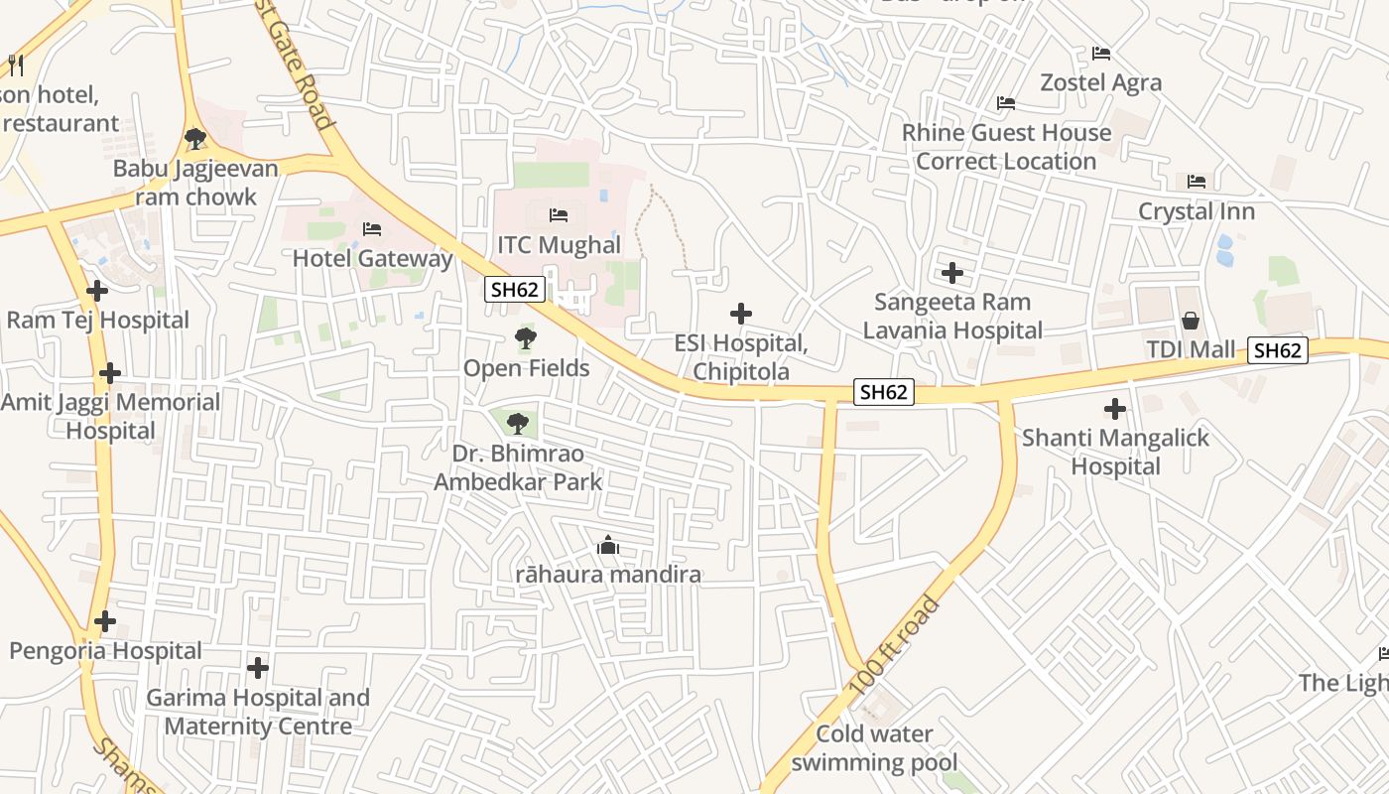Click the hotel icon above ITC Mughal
(559, 215)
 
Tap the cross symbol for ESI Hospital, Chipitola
(740, 314)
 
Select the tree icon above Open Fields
(526, 339)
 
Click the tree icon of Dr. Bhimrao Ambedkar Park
(517, 424)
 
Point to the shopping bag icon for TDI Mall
(1190, 321)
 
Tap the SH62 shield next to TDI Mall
(1277, 349)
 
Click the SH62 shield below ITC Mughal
(515, 289)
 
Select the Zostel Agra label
(1100, 82)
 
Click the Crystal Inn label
(1196, 211)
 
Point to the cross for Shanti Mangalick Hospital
(1115, 408)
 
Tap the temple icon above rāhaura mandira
(608, 545)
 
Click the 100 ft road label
(894, 646)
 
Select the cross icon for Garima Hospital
(258, 668)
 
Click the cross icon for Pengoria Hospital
(105, 621)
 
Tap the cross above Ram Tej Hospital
(97, 291)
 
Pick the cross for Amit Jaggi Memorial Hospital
(110, 373)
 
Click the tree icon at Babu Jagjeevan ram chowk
(195, 138)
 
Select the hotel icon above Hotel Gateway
(372, 229)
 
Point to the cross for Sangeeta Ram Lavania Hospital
(952, 272)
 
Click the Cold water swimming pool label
(875, 748)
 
